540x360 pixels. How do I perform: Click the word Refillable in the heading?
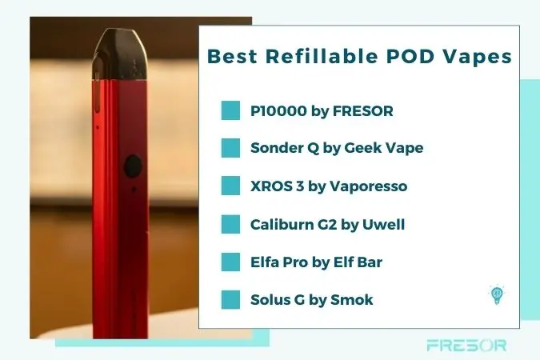322,56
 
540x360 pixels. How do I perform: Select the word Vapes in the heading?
477,58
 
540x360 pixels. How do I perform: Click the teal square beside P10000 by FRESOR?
230,110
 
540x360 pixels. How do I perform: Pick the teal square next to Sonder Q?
230,148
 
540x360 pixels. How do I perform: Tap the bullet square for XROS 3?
230,186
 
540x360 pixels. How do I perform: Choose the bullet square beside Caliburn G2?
230,224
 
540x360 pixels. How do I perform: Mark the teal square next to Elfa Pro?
230,262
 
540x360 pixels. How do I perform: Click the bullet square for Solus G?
230,300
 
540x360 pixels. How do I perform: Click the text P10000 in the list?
278,111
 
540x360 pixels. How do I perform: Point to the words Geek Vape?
384,148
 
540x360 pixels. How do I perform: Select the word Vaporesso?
369,186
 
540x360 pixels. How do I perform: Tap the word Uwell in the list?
384,225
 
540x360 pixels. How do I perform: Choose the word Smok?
352,300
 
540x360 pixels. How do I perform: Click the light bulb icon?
497,295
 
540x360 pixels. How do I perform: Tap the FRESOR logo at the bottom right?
466,345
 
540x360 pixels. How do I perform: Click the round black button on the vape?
133,166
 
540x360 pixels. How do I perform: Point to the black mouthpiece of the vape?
121,54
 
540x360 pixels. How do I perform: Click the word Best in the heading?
232,56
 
